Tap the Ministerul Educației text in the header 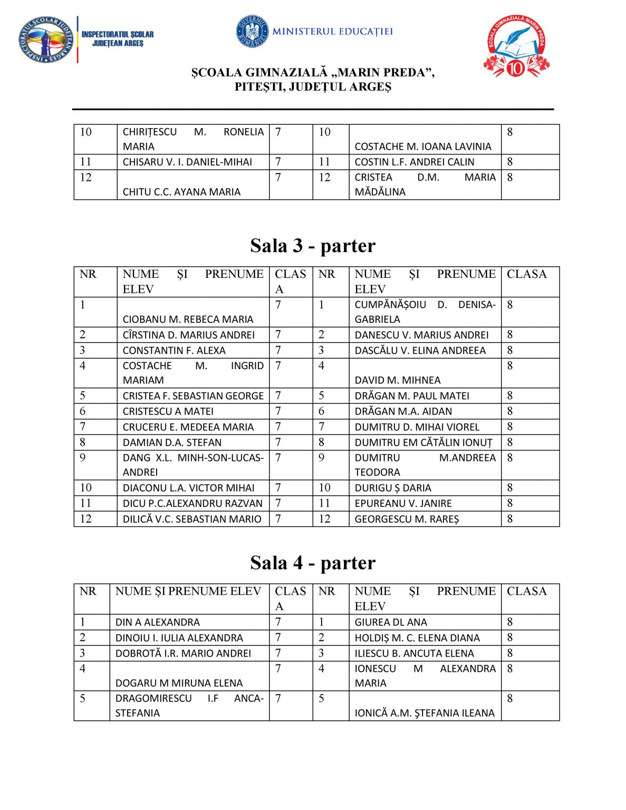click(x=332, y=32)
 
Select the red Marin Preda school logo click(x=516, y=46)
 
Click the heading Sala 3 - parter click(x=313, y=246)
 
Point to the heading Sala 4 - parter click(x=313, y=563)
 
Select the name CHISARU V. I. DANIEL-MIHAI click(x=187, y=162)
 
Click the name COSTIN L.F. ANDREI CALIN click(x=414, y=162)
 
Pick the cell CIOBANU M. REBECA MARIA click(x=188, y=319)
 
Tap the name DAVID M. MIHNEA click(x=397, y=380)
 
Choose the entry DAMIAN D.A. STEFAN click(x=172, y=442)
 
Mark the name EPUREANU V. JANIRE click(x=403, y=503)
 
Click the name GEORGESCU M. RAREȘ click(x=407, y=519)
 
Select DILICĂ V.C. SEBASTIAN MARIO click(x=192, y=519)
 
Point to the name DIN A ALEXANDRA click(x=157, y=622)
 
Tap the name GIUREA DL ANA click(x=390, y=622)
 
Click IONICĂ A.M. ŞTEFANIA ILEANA click(x=425, y=713)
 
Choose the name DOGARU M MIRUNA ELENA click(x=179, y=683)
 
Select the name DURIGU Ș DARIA click(x=392, y=488)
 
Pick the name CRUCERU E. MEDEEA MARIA click(x=188, y=427)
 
